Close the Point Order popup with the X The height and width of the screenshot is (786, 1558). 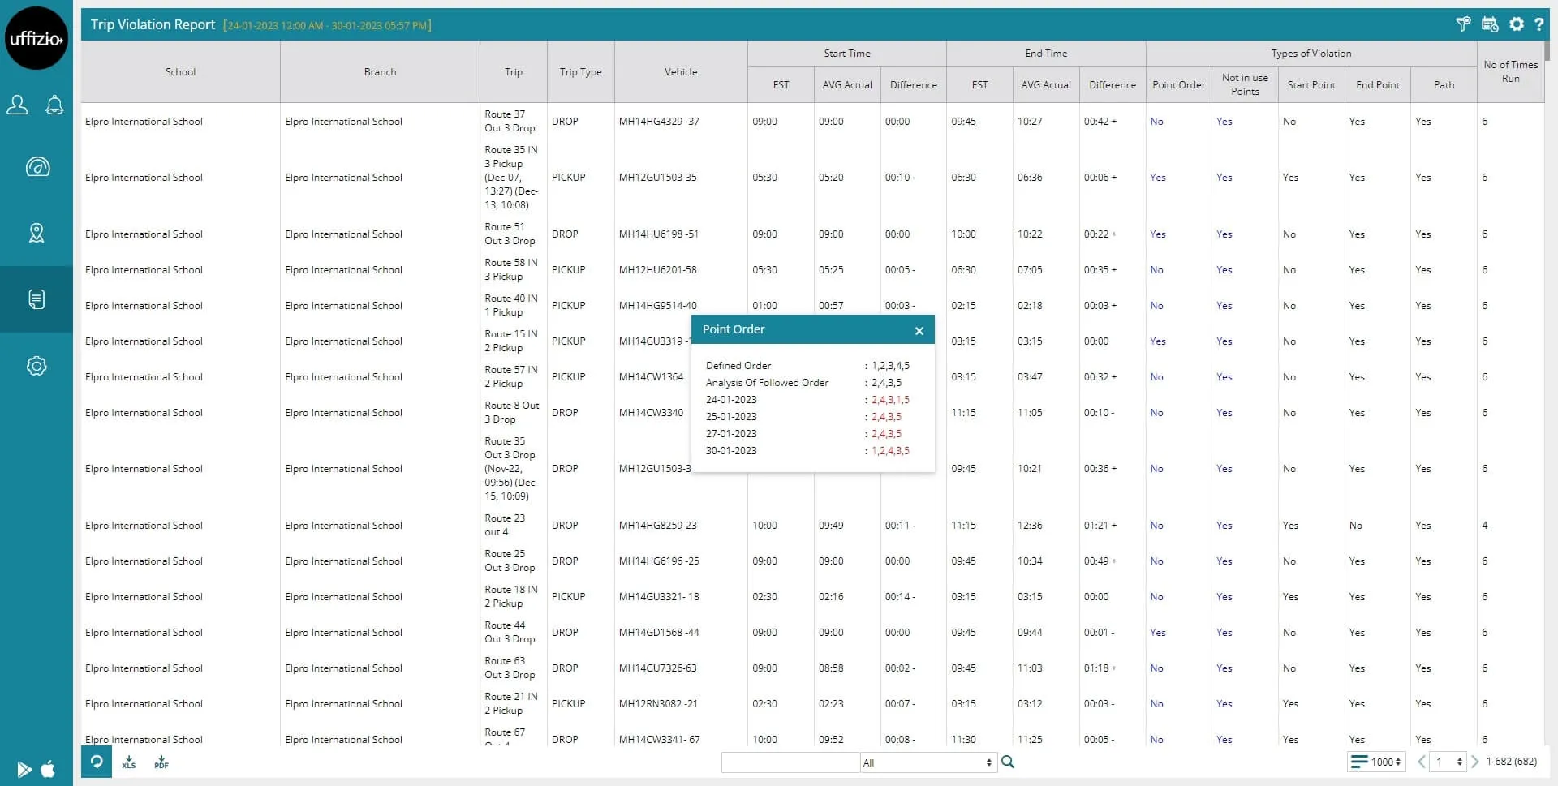coord(919,331)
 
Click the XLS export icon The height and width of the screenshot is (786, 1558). coord(129,762)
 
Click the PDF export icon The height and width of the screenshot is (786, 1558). coord(161,762)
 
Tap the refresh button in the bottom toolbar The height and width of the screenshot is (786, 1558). coord(97,762)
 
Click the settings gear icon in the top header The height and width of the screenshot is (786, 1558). coord(1516,24)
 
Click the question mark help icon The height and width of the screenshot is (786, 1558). coord(1539,24)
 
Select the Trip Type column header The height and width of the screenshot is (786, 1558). coord(580,72)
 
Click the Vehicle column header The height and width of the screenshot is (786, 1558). coord(681,72)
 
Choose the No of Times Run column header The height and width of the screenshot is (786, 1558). coord(1510,71)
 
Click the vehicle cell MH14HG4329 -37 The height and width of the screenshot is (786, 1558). coord(659,122)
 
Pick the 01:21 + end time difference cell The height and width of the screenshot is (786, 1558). coord(1100,526)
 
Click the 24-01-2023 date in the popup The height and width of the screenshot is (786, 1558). coord(731,400)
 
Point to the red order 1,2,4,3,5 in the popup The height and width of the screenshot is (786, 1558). coord(890,451)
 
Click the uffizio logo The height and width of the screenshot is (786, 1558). coord(37,38)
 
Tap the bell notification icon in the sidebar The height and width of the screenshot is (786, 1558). coord(54,105)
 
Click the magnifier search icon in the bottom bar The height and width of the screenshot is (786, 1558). coord(1008,762)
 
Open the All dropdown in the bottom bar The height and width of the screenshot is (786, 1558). coord(927,762)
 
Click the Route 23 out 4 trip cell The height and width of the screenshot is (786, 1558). coord(505,526)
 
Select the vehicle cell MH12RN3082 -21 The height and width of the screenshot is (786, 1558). coord(658,704)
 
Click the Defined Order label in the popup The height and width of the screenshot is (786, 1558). coord(738,366)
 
